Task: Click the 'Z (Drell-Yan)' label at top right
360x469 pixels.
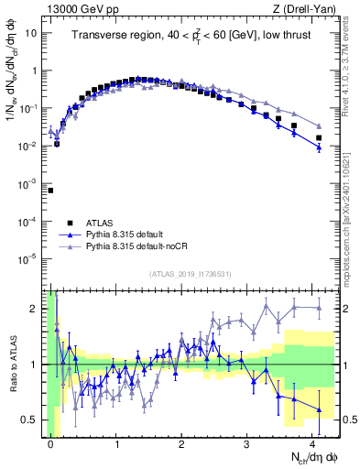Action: coord(296,9)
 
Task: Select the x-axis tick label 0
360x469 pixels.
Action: coord(50,442)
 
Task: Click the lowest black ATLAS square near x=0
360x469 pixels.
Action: coord(50,191)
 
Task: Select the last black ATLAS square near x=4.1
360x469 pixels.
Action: coord(319,138)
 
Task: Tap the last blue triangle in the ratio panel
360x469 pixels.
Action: coord(319,409)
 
